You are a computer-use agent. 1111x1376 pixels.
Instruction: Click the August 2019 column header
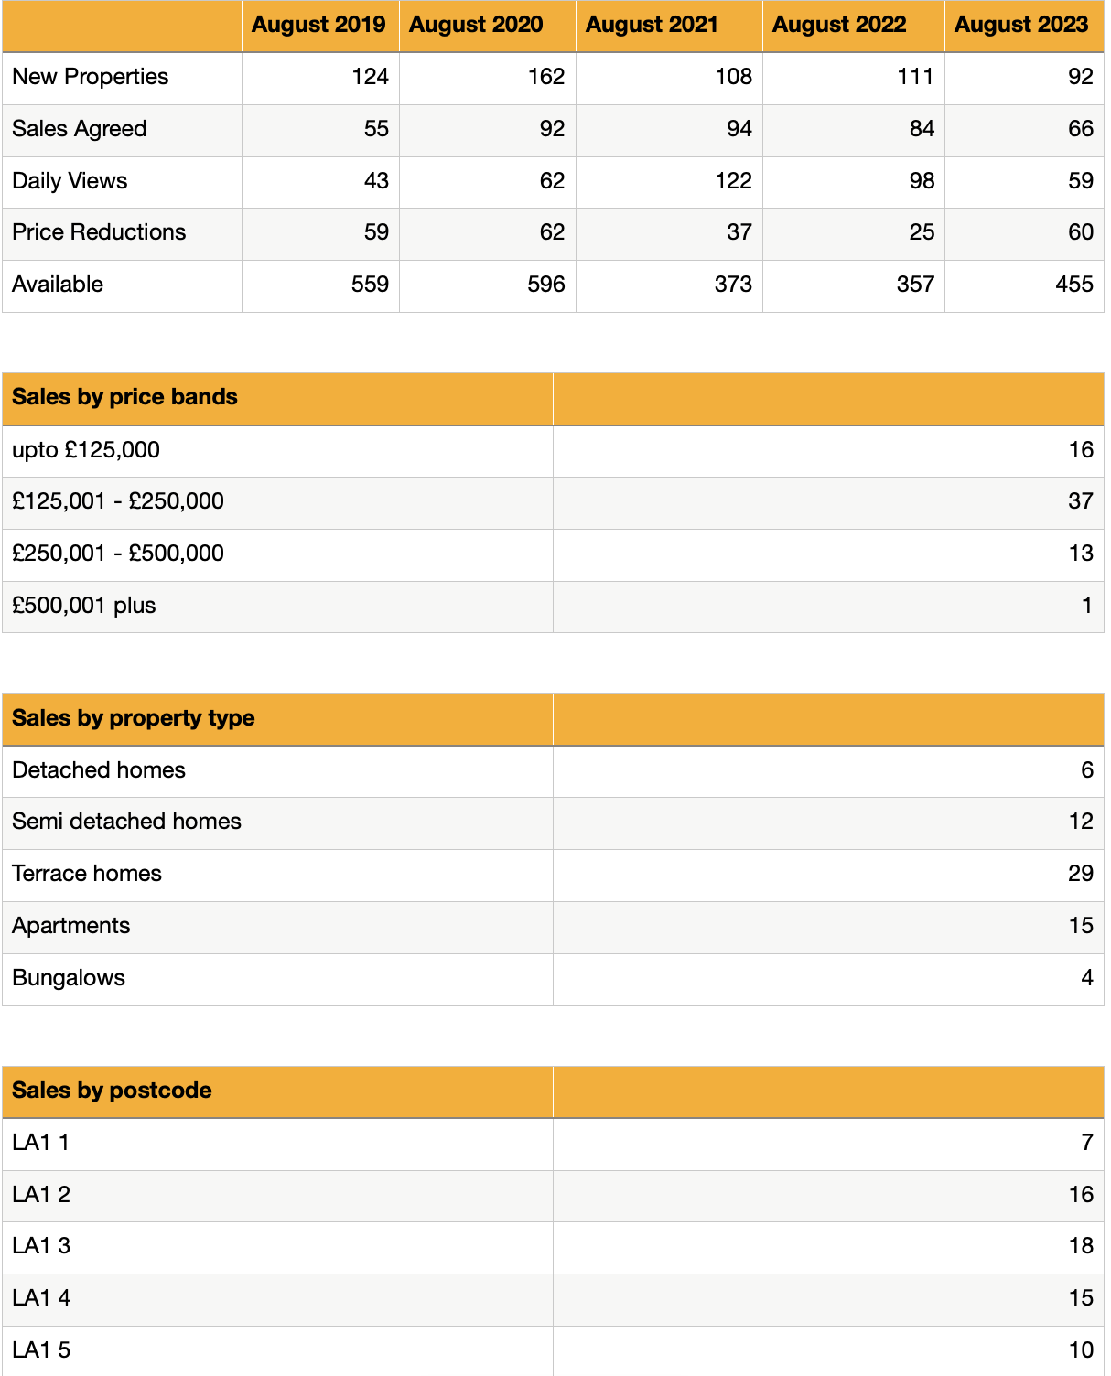pyautogui.click(x=318, y=25)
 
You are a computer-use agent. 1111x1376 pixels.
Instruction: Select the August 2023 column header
pyautogui.click(x=1020, y=25)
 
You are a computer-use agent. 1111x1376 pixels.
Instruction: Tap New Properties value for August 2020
pyautogui.click(x=545, y=77)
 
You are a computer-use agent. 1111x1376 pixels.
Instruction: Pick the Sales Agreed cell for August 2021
pyautogui.click(x=739, y=129)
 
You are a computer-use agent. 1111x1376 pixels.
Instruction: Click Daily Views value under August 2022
pyautogui.click(x=921, y=181)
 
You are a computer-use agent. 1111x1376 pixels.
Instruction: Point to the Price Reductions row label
pyautogui.click(x=99, y=232)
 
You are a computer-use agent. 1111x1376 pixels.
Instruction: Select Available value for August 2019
pyautogui.click(x=370, y=285)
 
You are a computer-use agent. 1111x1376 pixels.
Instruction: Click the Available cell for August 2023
pyautogui.click(x=1073, y=285)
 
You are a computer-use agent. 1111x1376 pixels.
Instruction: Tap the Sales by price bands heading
pyautogui.click(x=124, y=397)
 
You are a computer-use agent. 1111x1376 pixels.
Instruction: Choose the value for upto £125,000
pyautogui.click(x=1081, y=450)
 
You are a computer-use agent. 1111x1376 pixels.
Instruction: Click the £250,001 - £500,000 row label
pyautogui.click(x=118, y=554)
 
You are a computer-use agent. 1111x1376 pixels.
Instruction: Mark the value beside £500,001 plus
pyautogui.click(x=1086, y=606)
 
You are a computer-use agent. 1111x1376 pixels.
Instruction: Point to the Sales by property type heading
pyautogui.click(x=133, y=718)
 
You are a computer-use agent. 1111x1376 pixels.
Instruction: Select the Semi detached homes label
pyautogui.click(x=126, y=822)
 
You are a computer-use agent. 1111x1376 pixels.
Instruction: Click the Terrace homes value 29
pyautogui.click(x=1080, y=874)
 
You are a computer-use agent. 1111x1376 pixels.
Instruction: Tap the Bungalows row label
pyautogui.click(x=69, y=978)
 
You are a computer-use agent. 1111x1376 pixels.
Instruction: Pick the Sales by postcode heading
pyautogui.click(x=112, y=1091)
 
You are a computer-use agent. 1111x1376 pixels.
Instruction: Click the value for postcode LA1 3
pyautogui.click(x=1081, y=1246)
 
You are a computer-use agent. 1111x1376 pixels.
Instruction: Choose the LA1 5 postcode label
pyautogui.click(x=41, y=1350)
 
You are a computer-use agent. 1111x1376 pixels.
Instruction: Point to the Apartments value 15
pyautogui.click(x=1081, y=926)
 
